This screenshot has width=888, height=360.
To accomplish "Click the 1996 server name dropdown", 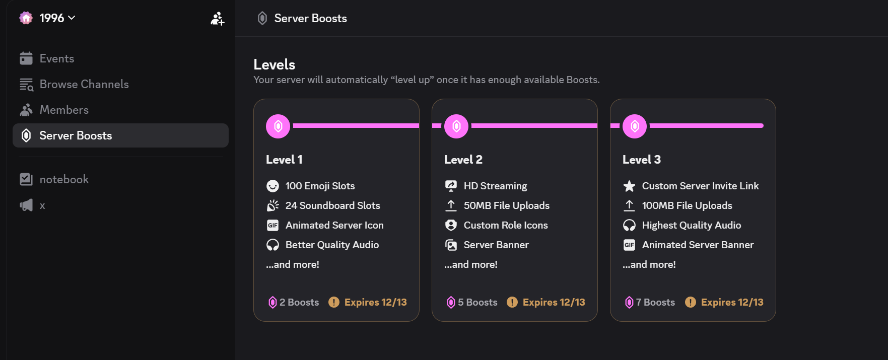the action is click(x=47, y=18).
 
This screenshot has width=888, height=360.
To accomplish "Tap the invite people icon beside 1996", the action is click(x=218, y=19).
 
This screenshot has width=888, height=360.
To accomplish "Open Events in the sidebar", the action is click(x=57, y=58).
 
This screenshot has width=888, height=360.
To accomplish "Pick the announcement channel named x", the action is click(x=33, y=205).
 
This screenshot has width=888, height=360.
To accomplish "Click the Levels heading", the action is click(x=275, y=64).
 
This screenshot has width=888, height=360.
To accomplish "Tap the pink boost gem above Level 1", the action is click(x=278, y=126).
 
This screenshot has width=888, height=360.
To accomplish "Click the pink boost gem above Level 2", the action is click(x=456, y=126).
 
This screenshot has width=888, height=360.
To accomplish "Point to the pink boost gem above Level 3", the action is click(x=635, y=126).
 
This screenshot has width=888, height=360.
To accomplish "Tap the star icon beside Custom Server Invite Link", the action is click(x=629, y=186).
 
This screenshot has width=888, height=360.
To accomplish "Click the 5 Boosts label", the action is click(x=472, y=302).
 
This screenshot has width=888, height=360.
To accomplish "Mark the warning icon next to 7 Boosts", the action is click(x=691, y=302).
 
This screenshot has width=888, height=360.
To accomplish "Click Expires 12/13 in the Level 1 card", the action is click(x=376, y=302).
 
